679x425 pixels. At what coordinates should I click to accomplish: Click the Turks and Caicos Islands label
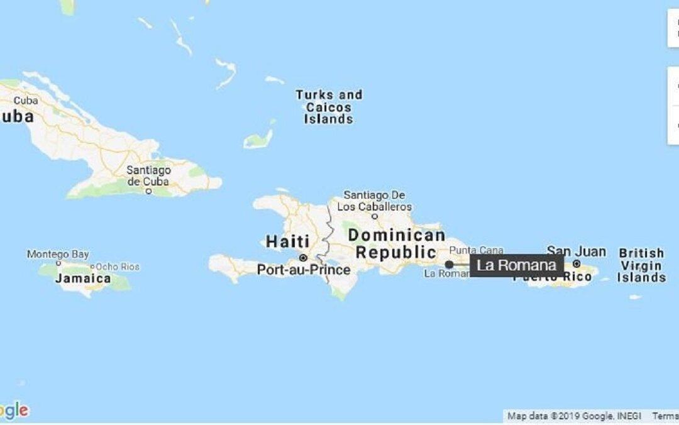(329, 107)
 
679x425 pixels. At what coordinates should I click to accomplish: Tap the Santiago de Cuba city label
(148, 175)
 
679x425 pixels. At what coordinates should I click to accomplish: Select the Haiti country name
(288, 241)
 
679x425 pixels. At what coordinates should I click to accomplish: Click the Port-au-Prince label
(304, 270)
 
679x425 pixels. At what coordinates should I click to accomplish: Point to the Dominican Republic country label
(396, 244)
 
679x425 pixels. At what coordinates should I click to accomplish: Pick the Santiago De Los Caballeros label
(375, 201)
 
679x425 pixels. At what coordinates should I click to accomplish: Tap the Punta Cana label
(476, 250)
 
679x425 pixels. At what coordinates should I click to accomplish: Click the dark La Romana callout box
(516, 265)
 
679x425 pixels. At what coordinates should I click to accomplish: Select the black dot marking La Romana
(449, 265)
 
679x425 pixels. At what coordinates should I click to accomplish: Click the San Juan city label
(576, 251)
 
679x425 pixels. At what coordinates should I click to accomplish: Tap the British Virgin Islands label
(641, 265)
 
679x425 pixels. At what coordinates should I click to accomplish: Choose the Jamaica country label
(83, 279)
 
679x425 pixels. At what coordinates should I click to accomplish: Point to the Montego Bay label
(58, 255)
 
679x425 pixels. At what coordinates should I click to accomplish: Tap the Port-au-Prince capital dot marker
(303, 258)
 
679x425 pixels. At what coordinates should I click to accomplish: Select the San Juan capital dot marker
(577, 264)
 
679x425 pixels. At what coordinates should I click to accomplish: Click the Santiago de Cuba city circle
(148, 191)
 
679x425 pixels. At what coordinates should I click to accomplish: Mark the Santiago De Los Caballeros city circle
(375, 216)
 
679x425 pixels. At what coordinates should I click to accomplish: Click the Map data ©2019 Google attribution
(575, 416)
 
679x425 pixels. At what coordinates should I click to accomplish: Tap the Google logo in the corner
(14, 411)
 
